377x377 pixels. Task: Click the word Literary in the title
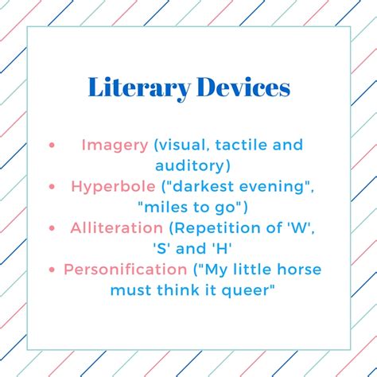tap(139, 88)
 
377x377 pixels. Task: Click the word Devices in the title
tap(243, 87)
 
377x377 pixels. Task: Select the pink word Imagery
tap(115, 146)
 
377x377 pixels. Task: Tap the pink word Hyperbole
tap(113, 188)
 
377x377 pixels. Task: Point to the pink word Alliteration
tap(117, 228)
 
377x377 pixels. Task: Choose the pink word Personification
tap(126, 270)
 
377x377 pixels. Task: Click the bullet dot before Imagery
tap(52, 146)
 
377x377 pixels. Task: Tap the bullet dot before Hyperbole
tap(52, 187)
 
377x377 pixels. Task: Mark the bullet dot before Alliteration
tap(52, 228)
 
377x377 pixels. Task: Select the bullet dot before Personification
tap(52, 270)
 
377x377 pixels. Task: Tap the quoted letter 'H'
tap(221, 249)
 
